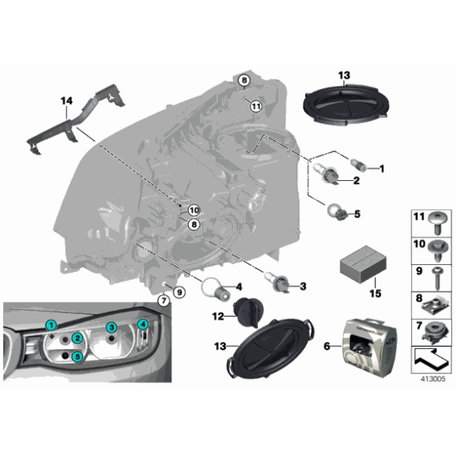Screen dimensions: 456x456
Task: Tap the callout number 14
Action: pos(66,101)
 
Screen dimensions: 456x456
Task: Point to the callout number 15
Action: pos(375,293)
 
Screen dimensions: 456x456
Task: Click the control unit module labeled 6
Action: pos(368,343)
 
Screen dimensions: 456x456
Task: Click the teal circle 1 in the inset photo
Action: pos(50,325)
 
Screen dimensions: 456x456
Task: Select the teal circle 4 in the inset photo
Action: pos(143,325)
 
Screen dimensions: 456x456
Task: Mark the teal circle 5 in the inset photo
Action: pos(77,356)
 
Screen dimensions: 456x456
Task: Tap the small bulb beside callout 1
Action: pos(357,166)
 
